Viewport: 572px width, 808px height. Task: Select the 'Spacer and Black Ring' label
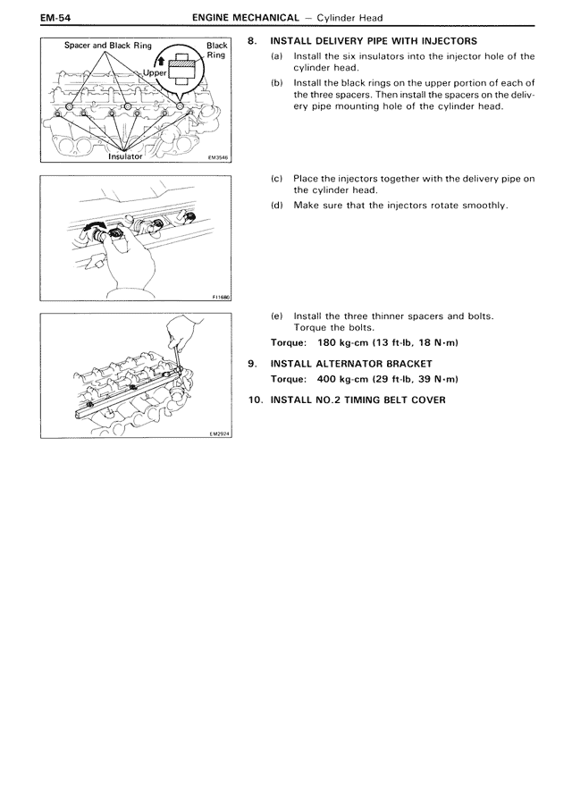(107, 45)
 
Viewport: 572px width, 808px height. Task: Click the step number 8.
(252, 41)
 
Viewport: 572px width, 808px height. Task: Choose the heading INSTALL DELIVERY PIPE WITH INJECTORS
(374, 41)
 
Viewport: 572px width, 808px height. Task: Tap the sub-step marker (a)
(276, 55)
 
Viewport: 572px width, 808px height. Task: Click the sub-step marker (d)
(276, 205)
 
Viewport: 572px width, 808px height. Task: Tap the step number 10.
(255, 399)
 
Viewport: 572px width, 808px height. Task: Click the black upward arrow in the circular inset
(161, 60)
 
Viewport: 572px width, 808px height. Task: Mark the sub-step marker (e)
(276, 316)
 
